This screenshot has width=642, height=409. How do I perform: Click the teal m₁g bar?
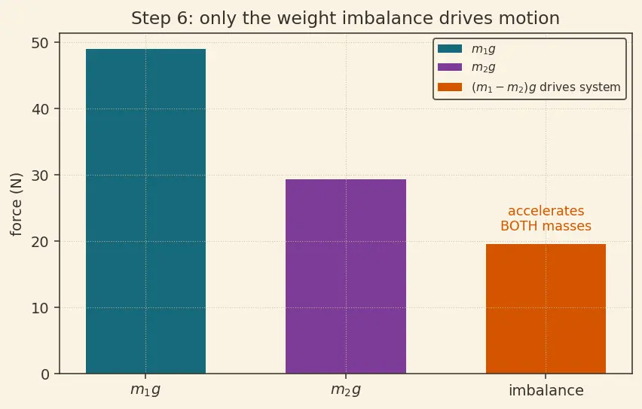tap(145, 211)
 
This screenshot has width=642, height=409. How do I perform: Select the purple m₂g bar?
tap(346, 276)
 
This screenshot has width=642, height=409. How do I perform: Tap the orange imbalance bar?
tap(546, 309)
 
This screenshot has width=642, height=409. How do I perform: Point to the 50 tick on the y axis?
tap(40, 43)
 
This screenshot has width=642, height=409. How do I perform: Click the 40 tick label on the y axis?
tap(40, 109)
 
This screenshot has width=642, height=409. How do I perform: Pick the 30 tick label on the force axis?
tap(40, 176)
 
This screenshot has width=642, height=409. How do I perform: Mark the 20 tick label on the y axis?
tap(40, 242)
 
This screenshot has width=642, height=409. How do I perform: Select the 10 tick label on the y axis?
tap(40, 308)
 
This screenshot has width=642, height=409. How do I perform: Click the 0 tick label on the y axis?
tap(44, 374)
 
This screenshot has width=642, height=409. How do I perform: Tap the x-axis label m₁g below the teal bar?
tap(145, 390)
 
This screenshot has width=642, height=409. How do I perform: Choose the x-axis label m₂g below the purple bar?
tap(346, 390)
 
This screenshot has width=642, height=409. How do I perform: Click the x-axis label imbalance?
tap(546, 391)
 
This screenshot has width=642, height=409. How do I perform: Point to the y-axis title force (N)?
tap(17, 204)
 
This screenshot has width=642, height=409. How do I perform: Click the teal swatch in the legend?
tap(450, 49)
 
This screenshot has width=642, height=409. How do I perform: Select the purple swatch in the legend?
tap(450, 67)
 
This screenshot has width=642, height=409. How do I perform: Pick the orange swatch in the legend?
tap(450, 87)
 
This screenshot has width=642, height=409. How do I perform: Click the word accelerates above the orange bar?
tap(546, 211)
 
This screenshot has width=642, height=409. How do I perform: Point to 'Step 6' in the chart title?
tap(159, 19)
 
